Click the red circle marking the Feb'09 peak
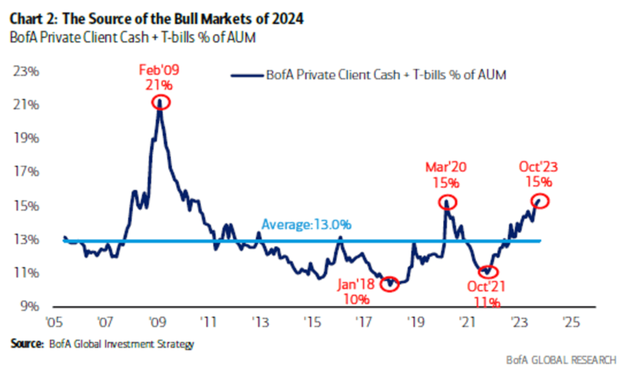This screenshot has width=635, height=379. [161, 102]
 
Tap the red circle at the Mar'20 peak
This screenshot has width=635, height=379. [447, 202]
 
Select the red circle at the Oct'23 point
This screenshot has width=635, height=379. [540, 201]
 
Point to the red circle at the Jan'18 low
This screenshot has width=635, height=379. [389, 284]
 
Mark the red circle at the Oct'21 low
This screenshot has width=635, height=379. [488, 272]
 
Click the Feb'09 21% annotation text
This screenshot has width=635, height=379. [159, 77]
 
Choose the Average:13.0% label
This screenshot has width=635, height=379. [306, 225]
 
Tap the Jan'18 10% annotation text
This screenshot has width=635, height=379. [356, 291]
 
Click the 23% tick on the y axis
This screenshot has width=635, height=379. [26, 71]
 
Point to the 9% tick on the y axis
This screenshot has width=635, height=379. [29, 306]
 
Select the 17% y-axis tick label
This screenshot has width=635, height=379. [26, 171]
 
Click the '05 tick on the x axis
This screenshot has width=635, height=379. [54, 322]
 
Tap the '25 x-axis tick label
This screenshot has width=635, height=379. [571, 322]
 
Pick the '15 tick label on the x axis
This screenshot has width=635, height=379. [312, 322]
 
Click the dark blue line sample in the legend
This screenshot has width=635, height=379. [247, 75]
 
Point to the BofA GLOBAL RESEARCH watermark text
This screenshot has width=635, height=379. [561, 360]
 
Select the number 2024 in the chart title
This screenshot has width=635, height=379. [287, 19]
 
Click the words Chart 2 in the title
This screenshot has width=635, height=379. [33, 19]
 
